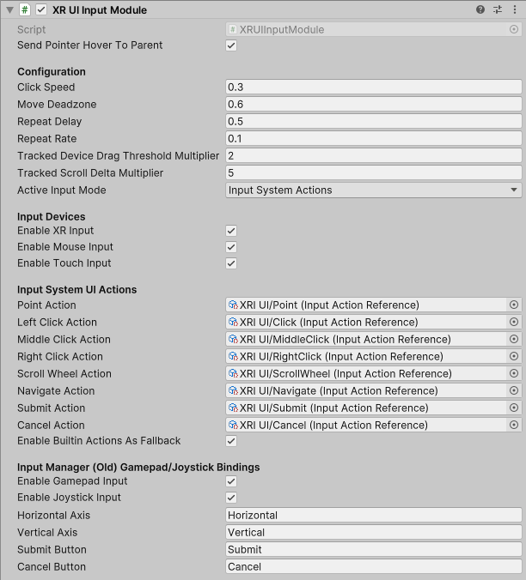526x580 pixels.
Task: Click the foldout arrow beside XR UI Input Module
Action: pyautogui.click(x=9, y=10)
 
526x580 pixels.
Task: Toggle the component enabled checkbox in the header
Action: pyautogui.click(x=41, y=10)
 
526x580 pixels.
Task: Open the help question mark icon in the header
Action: pyautogui.click(x=480, y=10)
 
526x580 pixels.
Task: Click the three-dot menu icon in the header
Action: pyautogui.click(x=514, y=10)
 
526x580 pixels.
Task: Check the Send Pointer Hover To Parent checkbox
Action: pyautogui.click(x=231, y=45)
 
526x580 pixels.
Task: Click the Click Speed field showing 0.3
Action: pyautogui.click(x=374, y=87)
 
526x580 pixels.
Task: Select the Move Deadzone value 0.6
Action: pyautogui.click(x=374, y=104)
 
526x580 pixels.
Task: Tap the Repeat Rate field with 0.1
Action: pyautogui.click(x=374, y=138)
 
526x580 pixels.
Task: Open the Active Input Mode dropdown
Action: pyautogui.click(x=374, y=190)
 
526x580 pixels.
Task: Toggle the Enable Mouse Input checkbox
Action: pyautogui.click(x=231, y=247)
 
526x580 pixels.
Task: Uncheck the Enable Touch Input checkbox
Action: pyautogui.click(x=231, y=263)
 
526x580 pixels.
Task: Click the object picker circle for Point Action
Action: pyautogui.click(x=514, y=305)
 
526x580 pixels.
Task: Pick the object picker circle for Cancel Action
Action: pyautogui.click(x=514, y=425)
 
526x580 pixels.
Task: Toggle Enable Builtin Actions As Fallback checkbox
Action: pyautogui.click(x=231, y=441)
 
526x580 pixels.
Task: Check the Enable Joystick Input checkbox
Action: pyautogui.click(x=231, y=498)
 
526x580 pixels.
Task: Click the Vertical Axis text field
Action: pyautogui.click(x=374, y=532)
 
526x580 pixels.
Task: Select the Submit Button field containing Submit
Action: pyautogui.click(x=374, y=549)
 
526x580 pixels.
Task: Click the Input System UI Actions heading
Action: pyautogui.click(x=76, y=289)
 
